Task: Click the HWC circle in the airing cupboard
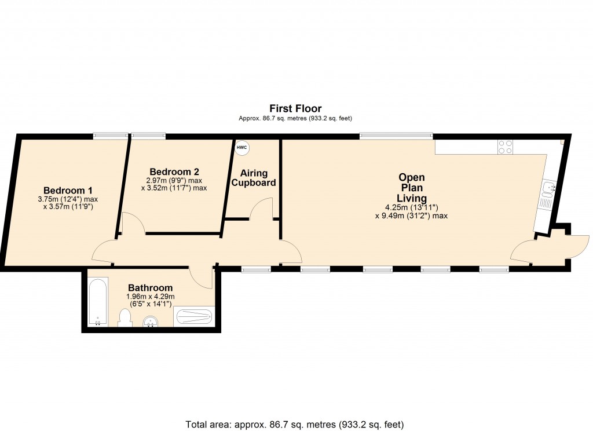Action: click(241, 148)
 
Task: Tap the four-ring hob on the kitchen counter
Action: click(505, 147)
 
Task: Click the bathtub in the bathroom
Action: click(97, 302)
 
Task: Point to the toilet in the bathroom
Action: click(125, 317)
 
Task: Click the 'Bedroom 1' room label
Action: click(68, 190)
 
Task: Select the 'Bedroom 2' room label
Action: click(174, 171)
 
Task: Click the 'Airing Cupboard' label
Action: click(254, 178)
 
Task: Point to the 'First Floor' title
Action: click(295, 108)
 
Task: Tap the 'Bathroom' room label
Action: click(150, 288)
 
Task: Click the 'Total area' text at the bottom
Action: click(294, 423)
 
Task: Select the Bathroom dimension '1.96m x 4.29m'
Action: click(150, 297)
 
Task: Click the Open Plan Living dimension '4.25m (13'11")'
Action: click(411, 207)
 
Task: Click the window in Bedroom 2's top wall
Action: click(148, 136)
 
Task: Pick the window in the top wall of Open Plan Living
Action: click(396, 136)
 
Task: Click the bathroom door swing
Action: click(203, 277)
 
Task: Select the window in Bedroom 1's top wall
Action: click(111, 136)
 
